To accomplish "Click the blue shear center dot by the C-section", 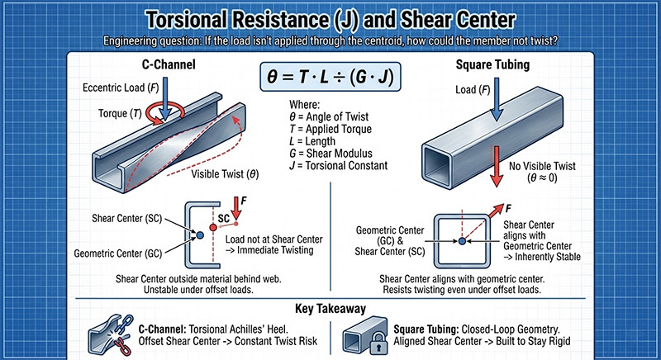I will tap(199, 235).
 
